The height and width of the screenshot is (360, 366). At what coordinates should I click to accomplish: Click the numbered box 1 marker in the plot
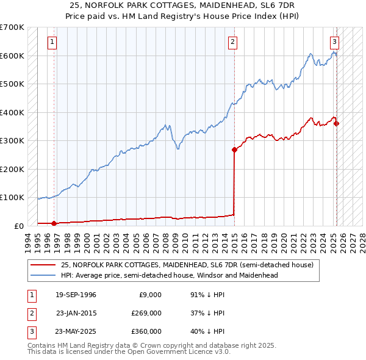tap(52, 42)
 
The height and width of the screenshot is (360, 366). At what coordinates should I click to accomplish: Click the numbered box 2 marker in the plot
tap(233, 42)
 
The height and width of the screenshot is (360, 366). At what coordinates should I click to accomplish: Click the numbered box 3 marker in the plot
tap(334, 42)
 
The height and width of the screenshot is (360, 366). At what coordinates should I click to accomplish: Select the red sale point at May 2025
tap(337, 124)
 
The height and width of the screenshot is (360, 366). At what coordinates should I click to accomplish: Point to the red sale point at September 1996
tap(54, 223)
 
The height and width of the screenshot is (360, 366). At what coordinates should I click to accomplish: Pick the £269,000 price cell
tap(146, 313)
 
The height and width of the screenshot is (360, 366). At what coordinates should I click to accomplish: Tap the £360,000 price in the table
tap(146, 331)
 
